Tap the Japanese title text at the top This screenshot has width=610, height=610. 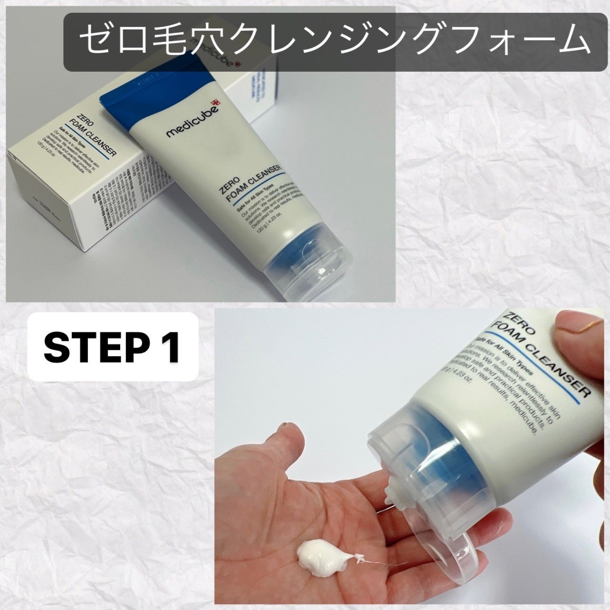click(x=333, y=40)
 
